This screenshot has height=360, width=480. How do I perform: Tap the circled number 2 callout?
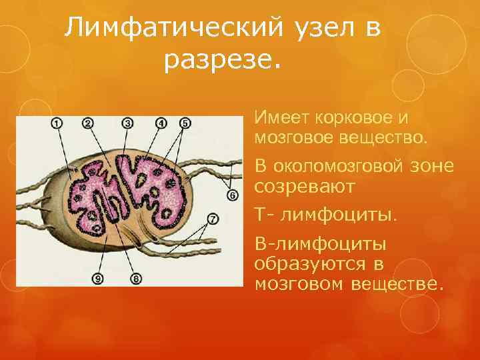point(88,123)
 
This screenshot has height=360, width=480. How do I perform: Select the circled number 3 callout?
point(128,123)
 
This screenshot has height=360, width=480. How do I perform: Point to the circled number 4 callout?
point(161,123)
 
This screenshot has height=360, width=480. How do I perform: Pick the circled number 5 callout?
point(185,123)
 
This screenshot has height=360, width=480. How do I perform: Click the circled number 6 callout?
point(232,195)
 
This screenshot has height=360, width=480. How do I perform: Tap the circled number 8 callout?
point(137,278)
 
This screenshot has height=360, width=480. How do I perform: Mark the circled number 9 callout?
point(99,278)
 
